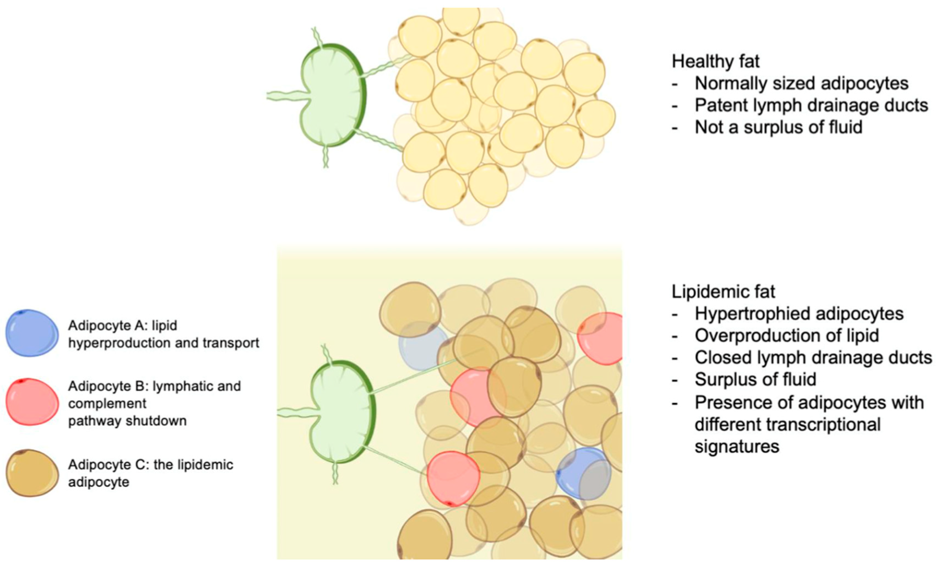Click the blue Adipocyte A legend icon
point(32,333)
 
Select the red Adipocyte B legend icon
point(32,401)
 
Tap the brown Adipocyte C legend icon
point(32,473)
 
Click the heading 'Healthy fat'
point(715,61)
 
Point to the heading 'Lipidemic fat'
point(723,292)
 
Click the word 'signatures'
point(737,446)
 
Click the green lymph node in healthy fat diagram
point(330,95)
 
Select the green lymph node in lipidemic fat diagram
point(340,412)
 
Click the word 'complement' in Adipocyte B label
point(107,403)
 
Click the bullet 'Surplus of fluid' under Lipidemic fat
point(755,379)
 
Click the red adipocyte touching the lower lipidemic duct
point(453,478)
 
